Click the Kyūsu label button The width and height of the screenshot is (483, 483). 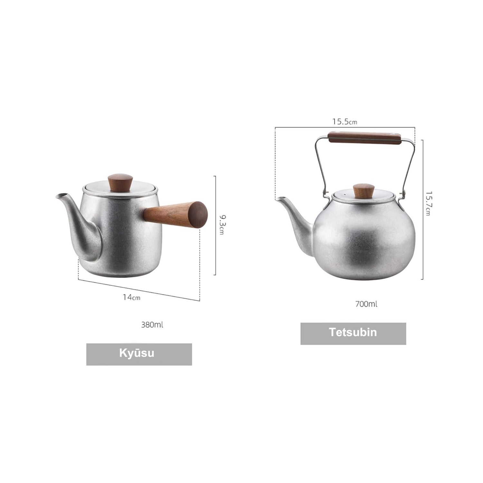[x=139, y=354]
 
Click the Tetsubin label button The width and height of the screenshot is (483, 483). [x=353, y=334]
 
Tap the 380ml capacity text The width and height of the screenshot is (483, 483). [x=152, y=325]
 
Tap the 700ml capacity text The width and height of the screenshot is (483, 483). [x=366, y=304]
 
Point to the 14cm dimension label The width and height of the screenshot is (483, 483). [x=131, y=297]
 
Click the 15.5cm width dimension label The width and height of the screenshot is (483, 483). [x=345, y=122]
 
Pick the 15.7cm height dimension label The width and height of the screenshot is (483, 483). [x=428, y=204]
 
